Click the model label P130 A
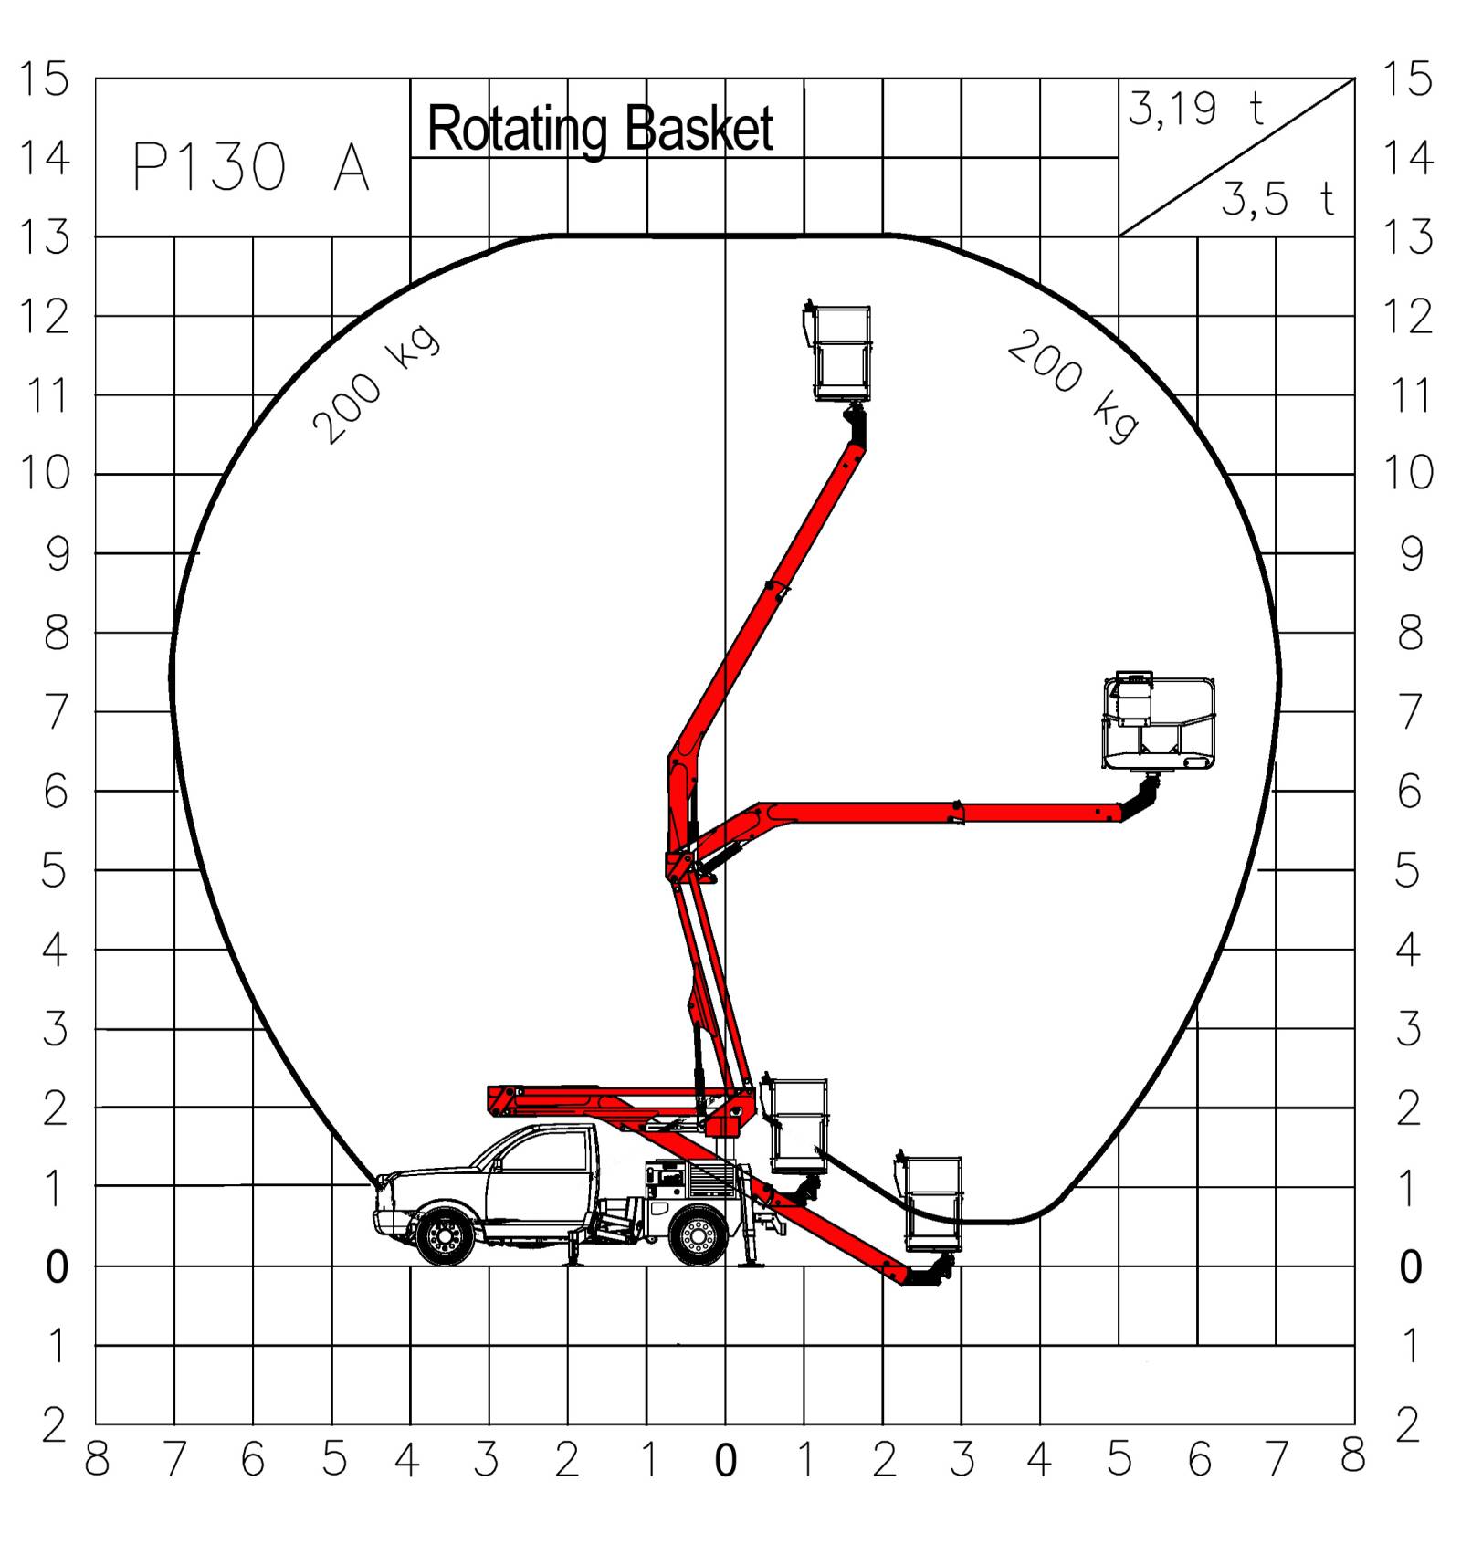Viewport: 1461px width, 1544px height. [251, 167]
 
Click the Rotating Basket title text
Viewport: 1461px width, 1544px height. [600, 129]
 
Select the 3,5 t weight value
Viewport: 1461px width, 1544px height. [1277, 199]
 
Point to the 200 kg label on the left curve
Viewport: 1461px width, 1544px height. [375, 384]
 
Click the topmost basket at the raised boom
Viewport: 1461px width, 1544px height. [841, 354]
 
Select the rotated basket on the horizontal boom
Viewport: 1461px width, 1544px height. [1160, 722]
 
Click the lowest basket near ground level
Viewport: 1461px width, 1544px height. [932, 1203]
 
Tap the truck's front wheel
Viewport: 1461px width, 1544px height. [446, 1236]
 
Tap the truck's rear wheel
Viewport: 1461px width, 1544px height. [699, 1236]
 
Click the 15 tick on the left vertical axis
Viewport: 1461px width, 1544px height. [44, 79]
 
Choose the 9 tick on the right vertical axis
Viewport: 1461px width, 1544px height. [1411, 553]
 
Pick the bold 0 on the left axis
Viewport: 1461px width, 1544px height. [57, 1267]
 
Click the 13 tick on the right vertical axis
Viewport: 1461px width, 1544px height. [1409, 238]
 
